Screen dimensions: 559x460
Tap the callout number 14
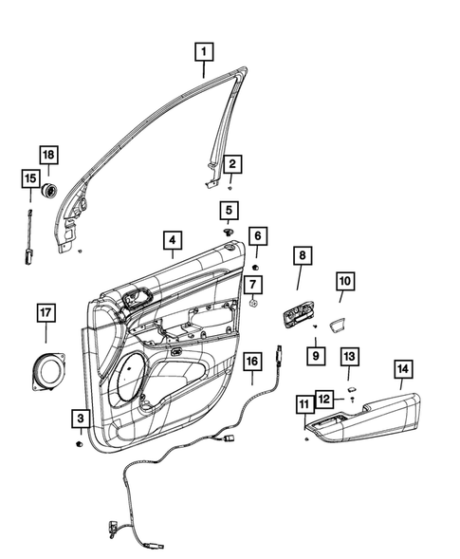pos(402,370)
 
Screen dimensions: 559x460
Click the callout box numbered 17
pos(46,311)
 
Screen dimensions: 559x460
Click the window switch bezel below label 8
pos(299,313)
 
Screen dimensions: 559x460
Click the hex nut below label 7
pos(255,304)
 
